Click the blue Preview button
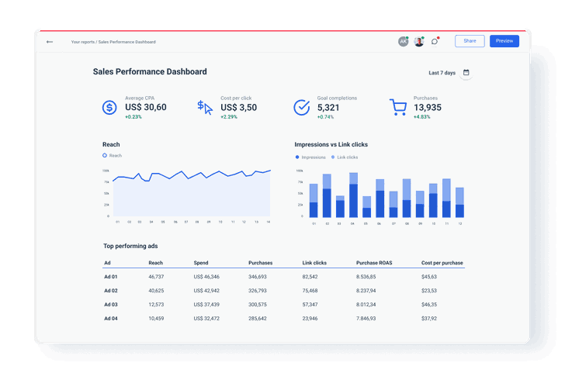tap(504, 41)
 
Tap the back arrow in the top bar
tap(50, 42)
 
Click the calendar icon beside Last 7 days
tap(466, 73)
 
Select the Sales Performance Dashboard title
tap(150, 72)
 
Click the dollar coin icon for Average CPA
tap(110, 108)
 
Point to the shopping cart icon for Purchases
tap(398, 108)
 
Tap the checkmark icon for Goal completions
tap(302, 108)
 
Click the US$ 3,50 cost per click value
tap(238, 108)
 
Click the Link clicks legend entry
tap(347, 157)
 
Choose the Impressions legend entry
tap(313, 157)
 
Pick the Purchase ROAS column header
tap(374, 263)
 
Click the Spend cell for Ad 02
tap(206, 291)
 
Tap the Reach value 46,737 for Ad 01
tap(156, 277)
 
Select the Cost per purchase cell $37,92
tap(429, 319)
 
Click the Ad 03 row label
tap(110, 305)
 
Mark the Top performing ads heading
tap(130, 246)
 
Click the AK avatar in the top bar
tap(403, 42)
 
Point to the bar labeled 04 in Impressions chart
tap(353, 195)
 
